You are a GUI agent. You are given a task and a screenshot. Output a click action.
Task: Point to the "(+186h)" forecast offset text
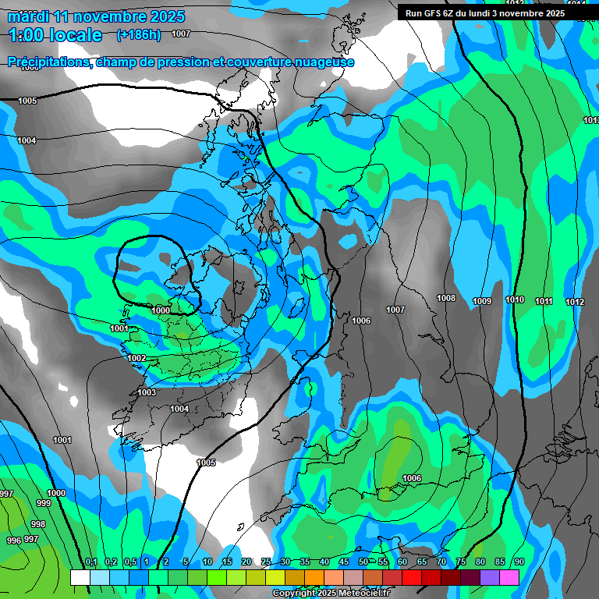click(138, 34)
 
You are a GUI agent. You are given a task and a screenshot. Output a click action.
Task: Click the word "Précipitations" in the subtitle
click(48, 62)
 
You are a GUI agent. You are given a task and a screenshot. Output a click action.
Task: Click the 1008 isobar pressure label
click(446, 299)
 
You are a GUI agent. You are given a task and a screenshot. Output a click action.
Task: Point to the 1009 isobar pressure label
click(482, 301)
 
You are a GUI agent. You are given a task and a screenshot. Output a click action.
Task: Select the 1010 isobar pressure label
click(515, 300)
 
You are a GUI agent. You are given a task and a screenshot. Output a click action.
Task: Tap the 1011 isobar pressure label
click(544, 301)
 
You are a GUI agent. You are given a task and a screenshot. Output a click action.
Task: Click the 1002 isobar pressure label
click(136, 358)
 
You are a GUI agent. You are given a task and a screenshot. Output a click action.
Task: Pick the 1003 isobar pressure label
click(147, 392)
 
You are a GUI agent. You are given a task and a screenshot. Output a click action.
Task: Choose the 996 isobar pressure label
click(13, 541)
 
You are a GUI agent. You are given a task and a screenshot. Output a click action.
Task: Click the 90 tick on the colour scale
click(519, 562)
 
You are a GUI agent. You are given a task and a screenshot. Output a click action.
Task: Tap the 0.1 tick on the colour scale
click(90, 562)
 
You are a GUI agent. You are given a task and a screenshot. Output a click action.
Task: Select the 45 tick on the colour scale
click(344, 562)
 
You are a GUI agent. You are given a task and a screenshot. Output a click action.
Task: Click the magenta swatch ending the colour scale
click(509, 577)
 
